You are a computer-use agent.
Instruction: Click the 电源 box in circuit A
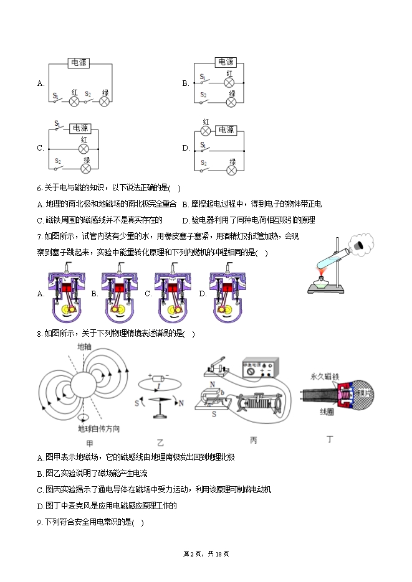click(79, 62)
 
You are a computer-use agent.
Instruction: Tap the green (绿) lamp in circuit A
click(105, 101)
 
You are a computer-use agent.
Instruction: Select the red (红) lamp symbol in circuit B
click(229, 82)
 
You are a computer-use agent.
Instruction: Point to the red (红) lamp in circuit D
click(205, 131)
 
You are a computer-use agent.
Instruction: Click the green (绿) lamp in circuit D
click(231, 169)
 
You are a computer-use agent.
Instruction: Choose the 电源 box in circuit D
click(226, 130)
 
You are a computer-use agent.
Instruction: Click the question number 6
click(39, 188)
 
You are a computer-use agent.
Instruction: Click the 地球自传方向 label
click(98, 429)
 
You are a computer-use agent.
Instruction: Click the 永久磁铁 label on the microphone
click(324, 377)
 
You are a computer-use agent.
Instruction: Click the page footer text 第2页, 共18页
click(206, 553)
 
